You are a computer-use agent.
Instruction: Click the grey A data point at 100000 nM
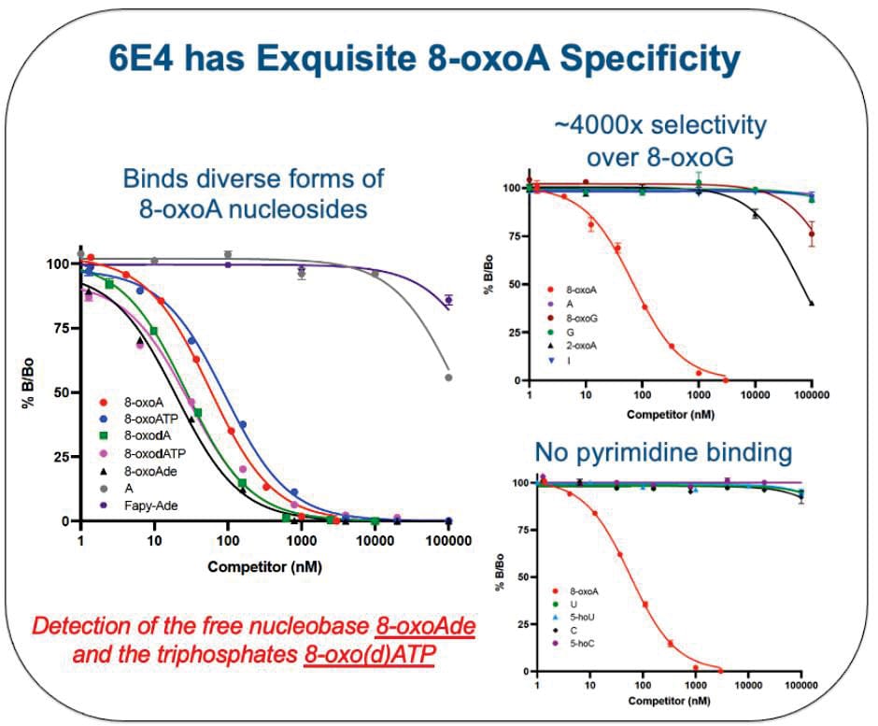click(449, 377)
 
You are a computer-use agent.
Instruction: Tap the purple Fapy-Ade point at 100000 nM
click(449, 300)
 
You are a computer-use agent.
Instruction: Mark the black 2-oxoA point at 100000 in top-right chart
click(812, 303)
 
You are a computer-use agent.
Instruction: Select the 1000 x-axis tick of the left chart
click(301, 539)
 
